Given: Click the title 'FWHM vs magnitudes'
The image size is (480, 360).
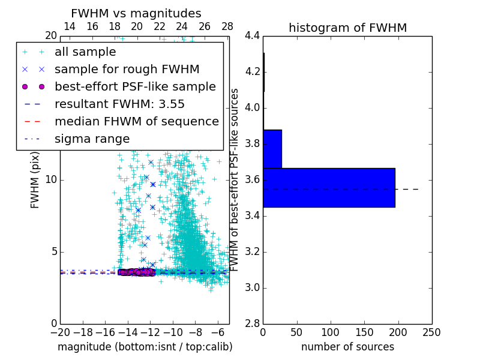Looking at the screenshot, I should [136, 14].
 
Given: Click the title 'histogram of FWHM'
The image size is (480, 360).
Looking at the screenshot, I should [347, 28].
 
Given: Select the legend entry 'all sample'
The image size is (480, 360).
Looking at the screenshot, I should [85, 52].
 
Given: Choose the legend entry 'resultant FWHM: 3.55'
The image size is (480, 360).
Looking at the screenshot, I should [119, 104].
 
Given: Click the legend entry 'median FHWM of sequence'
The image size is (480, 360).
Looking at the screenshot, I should [136, 122].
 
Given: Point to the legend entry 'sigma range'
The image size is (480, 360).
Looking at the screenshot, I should [92, 139].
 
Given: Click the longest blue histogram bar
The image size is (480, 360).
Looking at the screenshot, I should [329, 187].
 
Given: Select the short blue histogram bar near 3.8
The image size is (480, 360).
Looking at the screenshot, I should [272, 149].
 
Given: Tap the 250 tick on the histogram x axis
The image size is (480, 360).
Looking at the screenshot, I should [431, 332].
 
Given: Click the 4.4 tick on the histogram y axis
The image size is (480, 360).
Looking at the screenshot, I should [252, 36].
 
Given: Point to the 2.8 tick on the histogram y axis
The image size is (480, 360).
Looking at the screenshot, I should [252, 323].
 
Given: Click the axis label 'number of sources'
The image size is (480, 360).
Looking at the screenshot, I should [347, 347].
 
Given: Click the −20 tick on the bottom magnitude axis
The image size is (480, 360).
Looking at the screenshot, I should [60, 332].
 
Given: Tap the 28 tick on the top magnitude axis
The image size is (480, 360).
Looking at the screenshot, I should [227, 26].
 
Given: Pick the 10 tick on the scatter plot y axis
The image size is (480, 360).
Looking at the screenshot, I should [50, 180].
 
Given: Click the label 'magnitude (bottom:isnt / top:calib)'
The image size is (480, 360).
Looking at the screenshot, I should [145, 347].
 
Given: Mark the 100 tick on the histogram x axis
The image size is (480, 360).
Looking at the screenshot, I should [331, 332].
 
